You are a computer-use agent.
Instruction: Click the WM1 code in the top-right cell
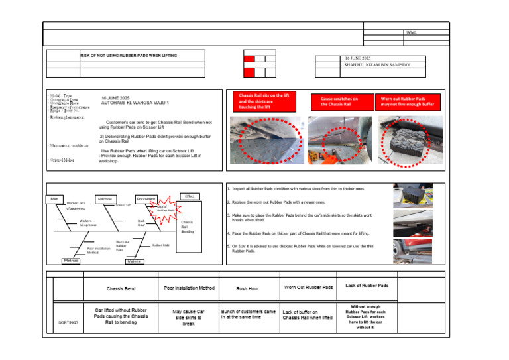pyautogui.click(x=412, y=32)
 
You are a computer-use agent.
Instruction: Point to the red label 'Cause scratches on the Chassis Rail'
pyautogui.click(x=339, y=101)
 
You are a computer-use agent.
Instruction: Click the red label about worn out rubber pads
pyautogui.click(x=408, y=101)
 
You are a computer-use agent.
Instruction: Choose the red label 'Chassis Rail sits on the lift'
pyautogui.click(x=264, y=100)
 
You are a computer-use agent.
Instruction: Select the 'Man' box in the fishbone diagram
pyautogui.click(x=54, y=198)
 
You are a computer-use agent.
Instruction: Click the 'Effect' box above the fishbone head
pyautogui.click(x=190, y=196)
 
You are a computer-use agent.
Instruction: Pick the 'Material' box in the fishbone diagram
pyautogui.click(x=135, y=262)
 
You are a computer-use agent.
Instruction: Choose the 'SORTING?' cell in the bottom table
pyautogui.click(x=68, y=322)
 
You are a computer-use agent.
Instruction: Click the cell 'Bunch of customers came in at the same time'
pyautogui.click(x=248, y=314)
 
